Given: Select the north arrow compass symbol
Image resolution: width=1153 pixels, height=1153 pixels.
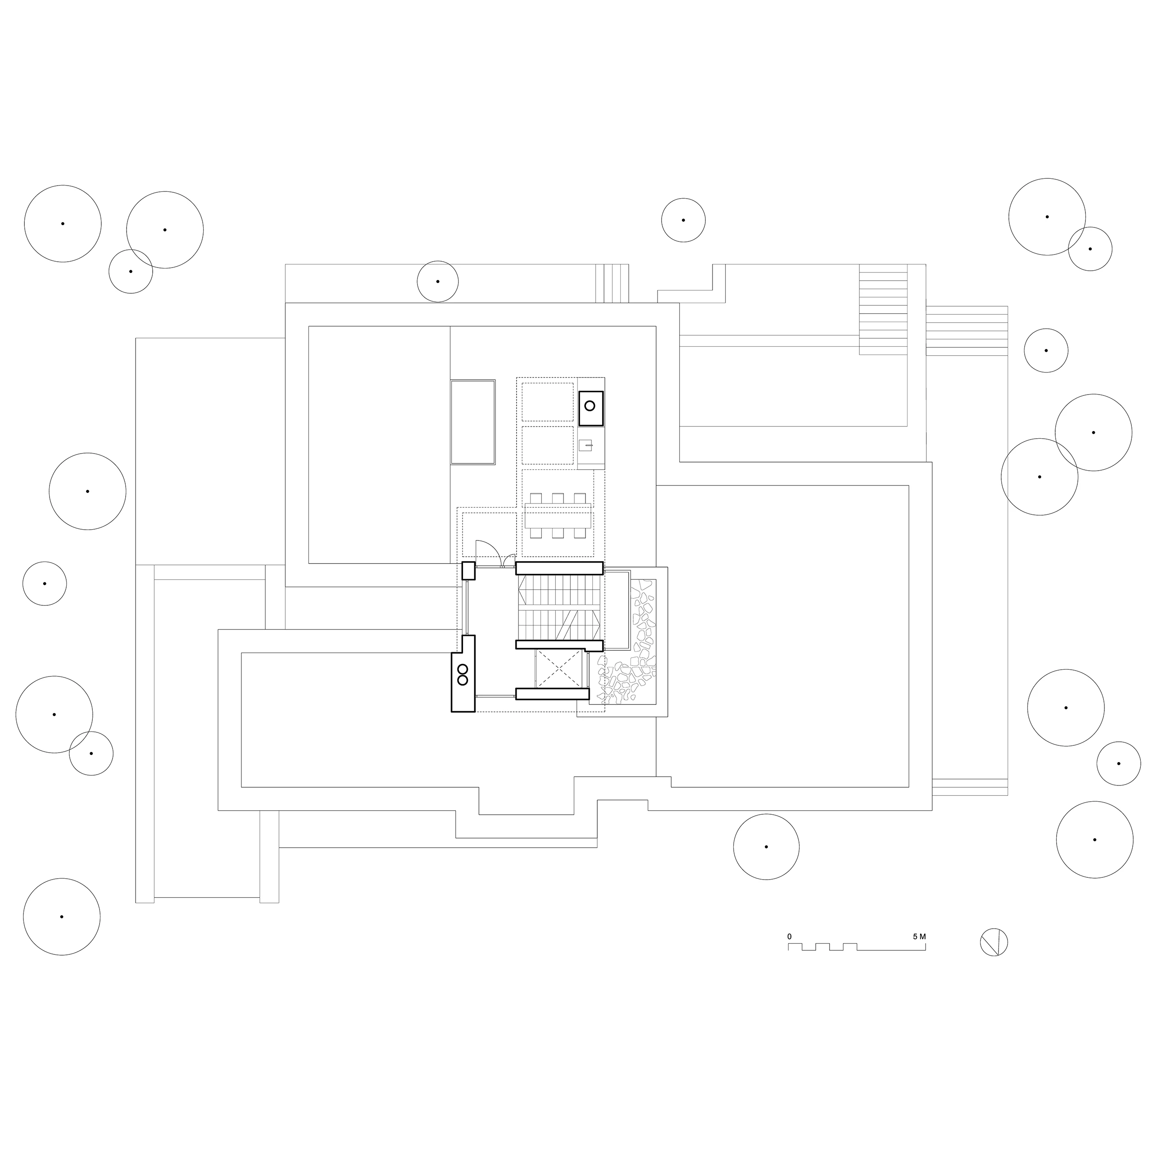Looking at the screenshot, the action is pos(994,959).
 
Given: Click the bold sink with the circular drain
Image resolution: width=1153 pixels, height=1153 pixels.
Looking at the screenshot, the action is pos(590,408).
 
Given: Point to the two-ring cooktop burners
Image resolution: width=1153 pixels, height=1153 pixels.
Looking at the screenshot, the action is pos(463,674).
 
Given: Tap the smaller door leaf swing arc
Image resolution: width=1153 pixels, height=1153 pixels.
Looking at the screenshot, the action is pos(509,560).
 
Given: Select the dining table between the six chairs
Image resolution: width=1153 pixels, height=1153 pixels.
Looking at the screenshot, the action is pos(558,516).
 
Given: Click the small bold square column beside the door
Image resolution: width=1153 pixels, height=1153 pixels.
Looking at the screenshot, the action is pos(468,571).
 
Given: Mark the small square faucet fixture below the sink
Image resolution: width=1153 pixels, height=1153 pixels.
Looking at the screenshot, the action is pos(587,445).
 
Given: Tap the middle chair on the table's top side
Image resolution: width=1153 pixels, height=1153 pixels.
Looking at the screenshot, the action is pos(558,498).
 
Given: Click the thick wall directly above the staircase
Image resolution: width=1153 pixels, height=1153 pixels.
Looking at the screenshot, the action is pos(559,567).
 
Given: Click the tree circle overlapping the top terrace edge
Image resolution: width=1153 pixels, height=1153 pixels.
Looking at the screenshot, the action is pos(437,281).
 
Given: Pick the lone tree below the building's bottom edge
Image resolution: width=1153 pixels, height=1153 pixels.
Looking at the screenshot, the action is pos(766,846).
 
